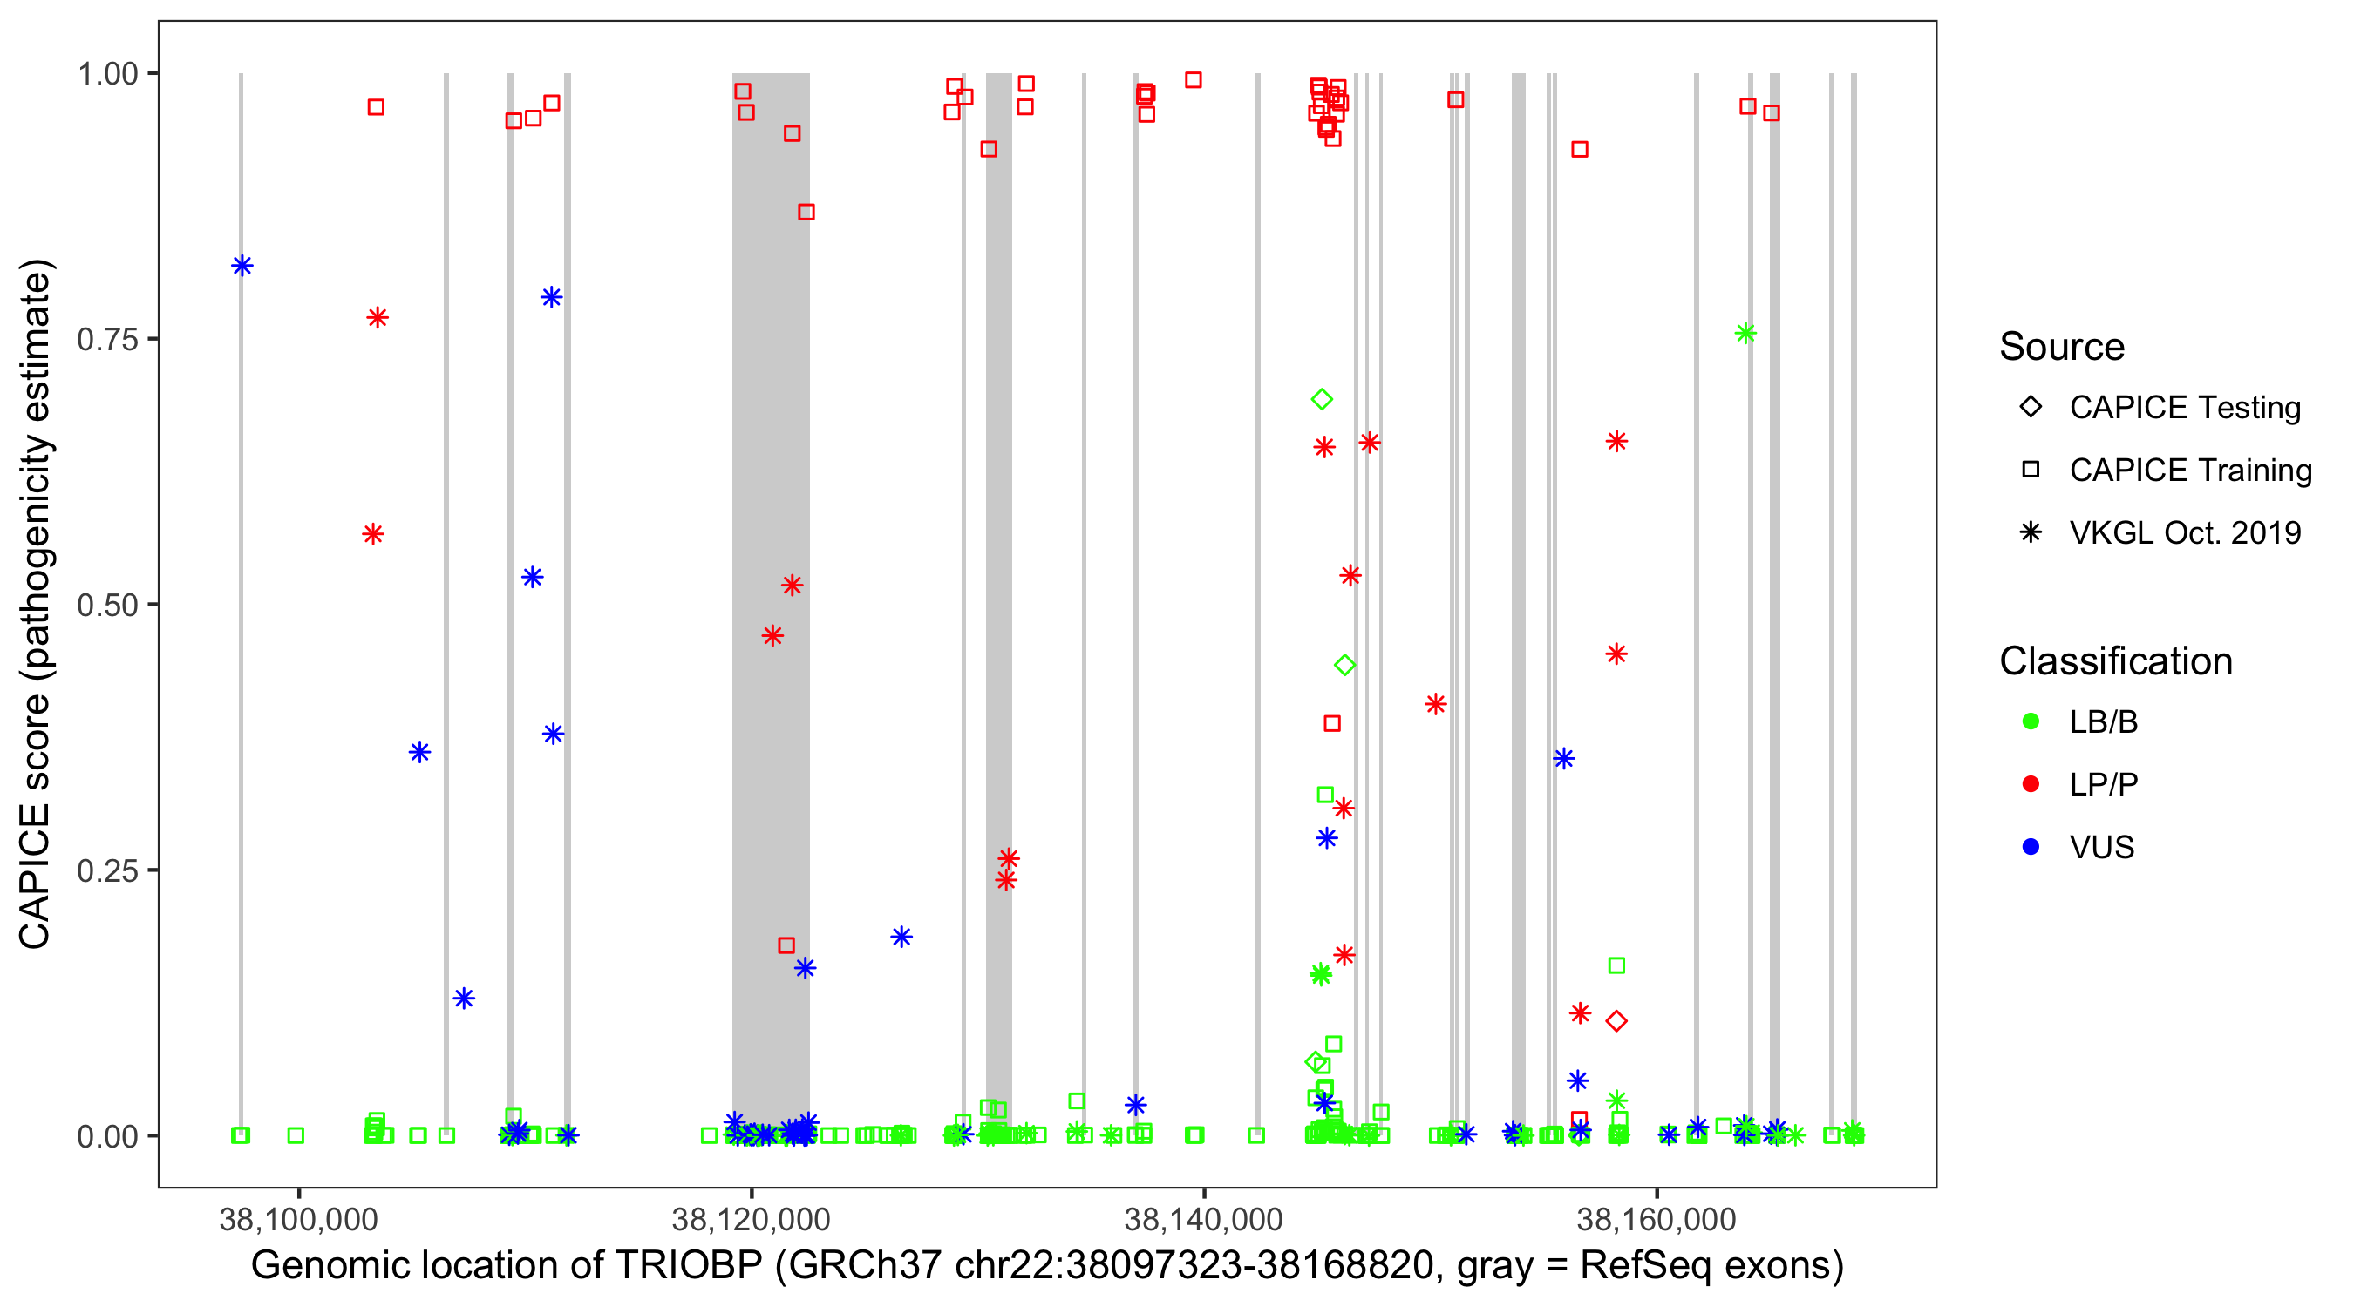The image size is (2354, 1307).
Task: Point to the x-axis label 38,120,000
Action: click(751, 1218)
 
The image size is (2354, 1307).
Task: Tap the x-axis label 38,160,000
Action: click(1656, 1218)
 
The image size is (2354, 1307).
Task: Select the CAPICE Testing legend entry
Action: click(2184, 408)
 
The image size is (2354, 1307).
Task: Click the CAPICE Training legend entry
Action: click(2189, 471)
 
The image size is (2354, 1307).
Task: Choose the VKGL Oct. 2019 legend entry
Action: click(2184, 532)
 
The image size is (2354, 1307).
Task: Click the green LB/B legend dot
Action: click(2031, 721)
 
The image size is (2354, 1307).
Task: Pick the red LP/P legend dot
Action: click(2031, 784)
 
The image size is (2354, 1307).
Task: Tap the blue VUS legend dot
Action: click(2031, 847)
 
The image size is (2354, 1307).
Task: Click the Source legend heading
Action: click(2062, 347)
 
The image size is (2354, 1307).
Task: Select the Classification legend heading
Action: click(2115, 661)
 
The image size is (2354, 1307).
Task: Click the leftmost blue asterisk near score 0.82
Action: click(242, 266)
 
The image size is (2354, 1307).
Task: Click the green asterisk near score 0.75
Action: click(1745, 334)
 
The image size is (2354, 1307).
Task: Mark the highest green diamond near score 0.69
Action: click(1322, 399)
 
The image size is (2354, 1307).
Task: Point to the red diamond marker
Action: click(1616, 1021)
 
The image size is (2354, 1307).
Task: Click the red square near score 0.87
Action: click(806, 212)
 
